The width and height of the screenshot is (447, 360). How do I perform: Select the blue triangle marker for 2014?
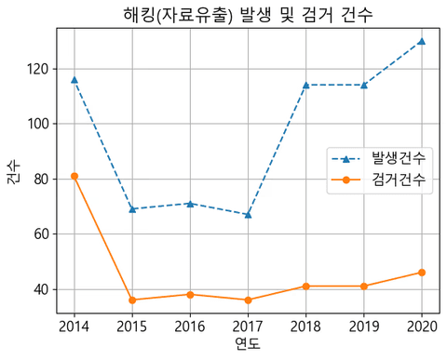point(74,80)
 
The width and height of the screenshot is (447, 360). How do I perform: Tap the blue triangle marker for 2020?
point(421,41)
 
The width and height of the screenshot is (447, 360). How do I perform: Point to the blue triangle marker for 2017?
point(248,215)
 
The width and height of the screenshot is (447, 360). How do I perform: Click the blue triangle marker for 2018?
point(305,85)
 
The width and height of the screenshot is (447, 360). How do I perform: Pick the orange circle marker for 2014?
point(74,176)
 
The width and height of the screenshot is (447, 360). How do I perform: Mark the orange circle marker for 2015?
point(132,300)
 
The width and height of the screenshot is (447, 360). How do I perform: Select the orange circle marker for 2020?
point(421,273)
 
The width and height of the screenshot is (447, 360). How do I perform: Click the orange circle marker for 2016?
point(190,294)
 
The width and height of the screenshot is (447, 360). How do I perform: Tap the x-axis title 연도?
point(247,345)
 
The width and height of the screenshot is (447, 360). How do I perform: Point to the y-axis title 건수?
point(13,172)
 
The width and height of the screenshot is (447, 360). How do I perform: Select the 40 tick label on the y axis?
point(40,289)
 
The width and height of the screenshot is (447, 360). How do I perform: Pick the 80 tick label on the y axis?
point(40,179)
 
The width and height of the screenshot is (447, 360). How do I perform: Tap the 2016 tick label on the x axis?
point(190,326)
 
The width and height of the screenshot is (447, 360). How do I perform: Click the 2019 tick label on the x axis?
point(363,326)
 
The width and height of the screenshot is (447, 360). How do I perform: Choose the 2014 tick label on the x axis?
point(74,326)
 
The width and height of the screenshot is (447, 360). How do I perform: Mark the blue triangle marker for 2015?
point(132,209)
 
